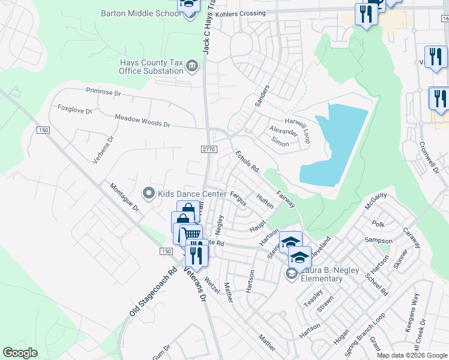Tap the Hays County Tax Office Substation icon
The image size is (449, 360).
pos(192,65)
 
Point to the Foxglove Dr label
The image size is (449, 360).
pos(74,110)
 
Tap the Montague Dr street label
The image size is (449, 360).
pos(124,197)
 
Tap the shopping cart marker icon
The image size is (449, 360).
pos(191,234)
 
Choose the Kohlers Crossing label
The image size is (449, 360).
pos(241,13)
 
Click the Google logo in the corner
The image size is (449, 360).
pos(20,352)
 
